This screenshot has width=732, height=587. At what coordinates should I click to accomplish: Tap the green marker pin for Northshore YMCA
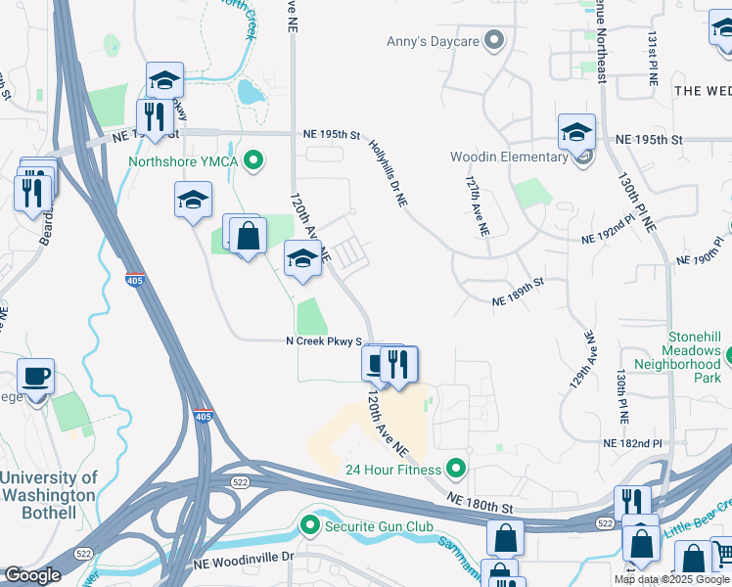coord(253,158)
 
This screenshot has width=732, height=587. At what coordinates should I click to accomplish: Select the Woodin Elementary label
coord(509,158)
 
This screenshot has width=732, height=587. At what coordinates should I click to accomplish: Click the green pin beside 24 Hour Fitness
coord(455,469)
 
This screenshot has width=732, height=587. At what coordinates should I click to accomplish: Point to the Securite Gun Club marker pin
coord(310,526)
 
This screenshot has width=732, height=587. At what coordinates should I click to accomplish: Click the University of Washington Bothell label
coord(49,495)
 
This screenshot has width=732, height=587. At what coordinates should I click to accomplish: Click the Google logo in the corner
coord(32,575)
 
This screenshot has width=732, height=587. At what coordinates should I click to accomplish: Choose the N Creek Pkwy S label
coord(324,341)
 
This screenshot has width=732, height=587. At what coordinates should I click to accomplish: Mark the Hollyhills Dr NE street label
coord(388,172)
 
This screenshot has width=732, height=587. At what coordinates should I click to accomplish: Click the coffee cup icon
coord(35,377)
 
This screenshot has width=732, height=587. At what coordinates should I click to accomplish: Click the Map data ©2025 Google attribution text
coord(671,579)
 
